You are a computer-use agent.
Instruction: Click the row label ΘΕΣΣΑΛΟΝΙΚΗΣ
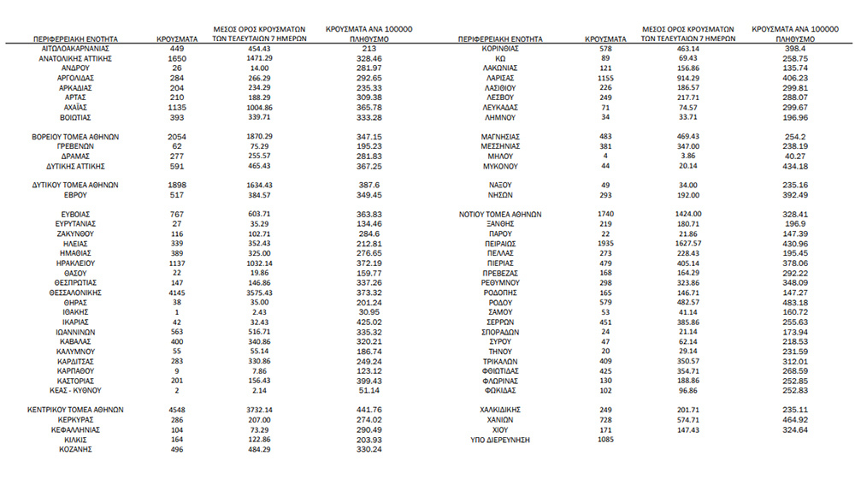click(x=75, y=292)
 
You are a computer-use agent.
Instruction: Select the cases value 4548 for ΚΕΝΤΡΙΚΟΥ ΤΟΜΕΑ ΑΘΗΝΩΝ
click(x=177, y=409)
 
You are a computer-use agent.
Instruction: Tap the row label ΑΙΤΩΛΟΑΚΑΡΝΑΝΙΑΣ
click(x=75, y=49)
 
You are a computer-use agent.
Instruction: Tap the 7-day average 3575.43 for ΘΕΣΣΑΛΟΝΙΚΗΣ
click(x=254, y=292)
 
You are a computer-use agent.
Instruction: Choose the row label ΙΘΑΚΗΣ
click(x=75, y=311)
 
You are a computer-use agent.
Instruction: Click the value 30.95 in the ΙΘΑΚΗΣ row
click(x=369, y=311)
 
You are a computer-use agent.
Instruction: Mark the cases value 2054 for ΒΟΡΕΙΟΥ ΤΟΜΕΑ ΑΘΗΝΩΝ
click(x=177, y=137)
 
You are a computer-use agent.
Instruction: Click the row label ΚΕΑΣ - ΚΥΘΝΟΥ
click(x=75, y=389)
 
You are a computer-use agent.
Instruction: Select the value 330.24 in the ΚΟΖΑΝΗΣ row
click(x=369, y=448)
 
